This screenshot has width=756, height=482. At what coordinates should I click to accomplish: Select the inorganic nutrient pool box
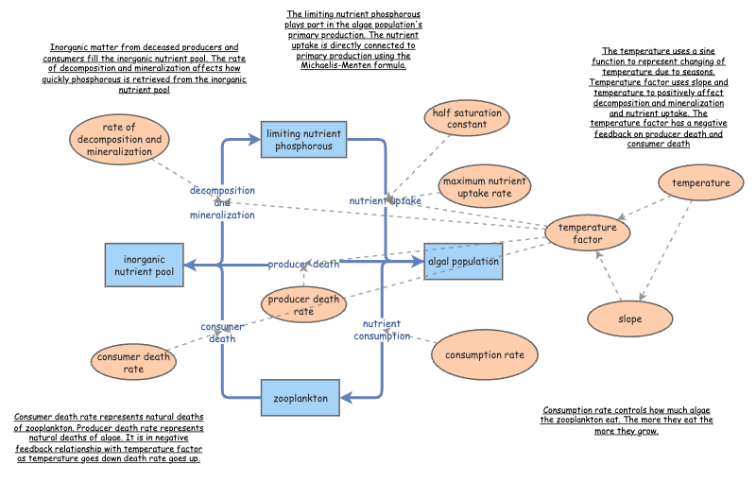pyautogui.click(x=146, y=264)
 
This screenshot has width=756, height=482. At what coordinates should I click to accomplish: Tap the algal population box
pyautogui.click(x=463, y=262)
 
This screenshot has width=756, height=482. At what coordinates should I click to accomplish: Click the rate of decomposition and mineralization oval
pyautogui.click(x=119, y=139)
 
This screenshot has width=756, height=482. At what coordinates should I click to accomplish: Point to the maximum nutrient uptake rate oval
pyautogui.click(x=483, y=187)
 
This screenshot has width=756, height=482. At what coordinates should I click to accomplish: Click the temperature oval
pyautogui.click(x=700, y=182)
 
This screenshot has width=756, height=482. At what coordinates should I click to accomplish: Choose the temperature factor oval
pyautogui.click(x=587, y=233)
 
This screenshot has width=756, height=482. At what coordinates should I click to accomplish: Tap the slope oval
pyautogui.click(x=629, y=318)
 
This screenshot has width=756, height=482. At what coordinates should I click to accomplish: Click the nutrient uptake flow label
pyautogui.click(x=386, y=201)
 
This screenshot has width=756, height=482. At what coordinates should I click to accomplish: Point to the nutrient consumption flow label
pyautogui.click(x=384, y=330)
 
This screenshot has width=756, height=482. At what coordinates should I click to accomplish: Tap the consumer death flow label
pyautogui.click(x=222, y=333)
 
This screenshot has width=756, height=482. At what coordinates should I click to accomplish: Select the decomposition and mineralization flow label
pyautogui.click(x=222, y=202)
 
